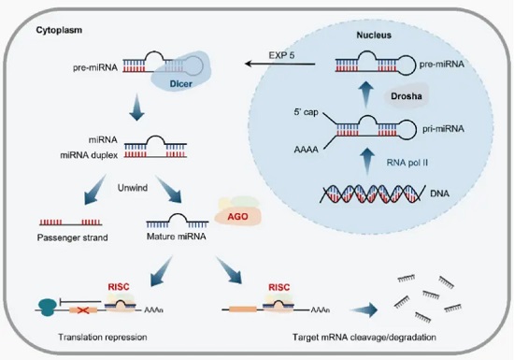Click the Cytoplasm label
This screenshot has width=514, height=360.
point(59,31)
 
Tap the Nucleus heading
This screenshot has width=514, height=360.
point(374,36)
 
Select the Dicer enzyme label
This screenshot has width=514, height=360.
point(181,84)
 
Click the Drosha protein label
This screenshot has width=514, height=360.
point(407,96)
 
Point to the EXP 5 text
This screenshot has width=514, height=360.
point(281,55)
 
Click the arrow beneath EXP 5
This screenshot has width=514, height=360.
point(280,64)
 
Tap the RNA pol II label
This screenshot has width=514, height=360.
point(407,163)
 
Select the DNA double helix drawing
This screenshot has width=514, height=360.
point(371,194)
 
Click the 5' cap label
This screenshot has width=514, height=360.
point(306,112)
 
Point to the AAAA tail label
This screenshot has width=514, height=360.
point(307,150)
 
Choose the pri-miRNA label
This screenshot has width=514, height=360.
point(443,129)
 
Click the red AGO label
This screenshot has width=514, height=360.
point(237,217)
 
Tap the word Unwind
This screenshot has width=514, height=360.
point(133,188)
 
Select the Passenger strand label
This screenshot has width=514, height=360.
point(73,238)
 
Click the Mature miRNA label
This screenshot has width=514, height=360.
point(177,237)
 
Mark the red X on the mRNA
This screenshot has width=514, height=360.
point(82,310)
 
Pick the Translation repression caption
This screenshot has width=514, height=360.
point(103,337)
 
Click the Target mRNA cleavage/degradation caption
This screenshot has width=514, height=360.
point(364,337)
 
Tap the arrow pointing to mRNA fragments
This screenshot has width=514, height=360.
point(364,310)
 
